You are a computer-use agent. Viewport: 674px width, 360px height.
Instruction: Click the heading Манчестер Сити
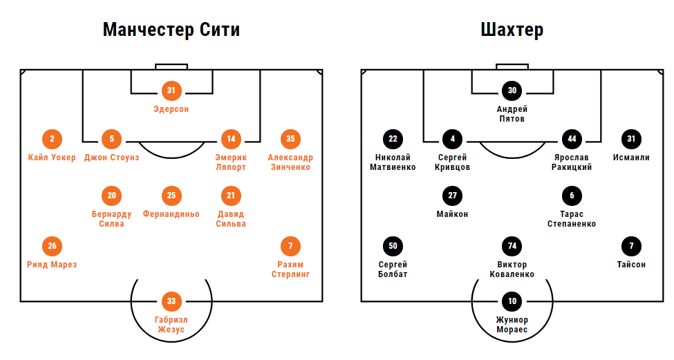point(171,30)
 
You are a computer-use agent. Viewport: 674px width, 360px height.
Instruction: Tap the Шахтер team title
point(512,30)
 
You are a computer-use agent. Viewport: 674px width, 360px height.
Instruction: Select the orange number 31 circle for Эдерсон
point(171,90)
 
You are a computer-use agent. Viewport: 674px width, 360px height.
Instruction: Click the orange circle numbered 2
point(52,139)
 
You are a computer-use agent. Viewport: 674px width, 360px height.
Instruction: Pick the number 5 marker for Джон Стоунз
point(112,139)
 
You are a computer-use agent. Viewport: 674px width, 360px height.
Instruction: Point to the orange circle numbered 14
point(231,139)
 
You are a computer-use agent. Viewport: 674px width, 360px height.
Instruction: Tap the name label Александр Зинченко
point(290,162)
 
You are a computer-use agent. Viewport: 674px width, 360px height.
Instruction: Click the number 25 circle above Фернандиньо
point(171,196)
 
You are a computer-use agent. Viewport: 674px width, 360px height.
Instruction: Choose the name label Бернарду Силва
point(112,219)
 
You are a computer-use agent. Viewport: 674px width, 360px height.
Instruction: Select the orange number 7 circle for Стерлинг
point(290,246)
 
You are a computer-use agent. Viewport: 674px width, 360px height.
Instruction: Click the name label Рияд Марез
point(52,265)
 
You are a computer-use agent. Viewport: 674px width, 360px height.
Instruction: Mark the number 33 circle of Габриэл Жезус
point(171,301)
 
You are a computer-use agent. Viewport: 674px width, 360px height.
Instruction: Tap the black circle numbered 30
point(512,90)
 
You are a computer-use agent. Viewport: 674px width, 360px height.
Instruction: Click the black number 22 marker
point(393,139)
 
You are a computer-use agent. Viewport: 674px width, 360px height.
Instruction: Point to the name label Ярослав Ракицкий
point(572,162)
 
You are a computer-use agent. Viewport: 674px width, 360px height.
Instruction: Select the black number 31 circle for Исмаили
point(631,139)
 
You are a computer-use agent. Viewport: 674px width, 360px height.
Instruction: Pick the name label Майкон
point(452,214)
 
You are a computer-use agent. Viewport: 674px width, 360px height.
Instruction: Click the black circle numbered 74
point(512,246)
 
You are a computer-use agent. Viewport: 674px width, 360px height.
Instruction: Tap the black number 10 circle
point(512,301)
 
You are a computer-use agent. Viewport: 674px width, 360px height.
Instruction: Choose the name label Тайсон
point(631,265)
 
